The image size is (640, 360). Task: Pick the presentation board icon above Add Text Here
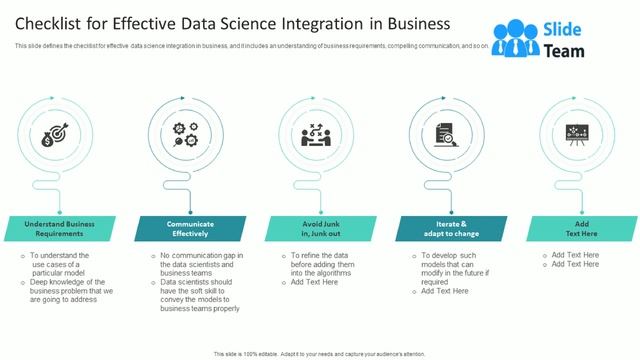tap(575, 136)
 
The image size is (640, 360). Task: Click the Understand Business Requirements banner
tap(61, 228)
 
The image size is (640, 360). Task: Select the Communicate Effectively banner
tap(189, 228)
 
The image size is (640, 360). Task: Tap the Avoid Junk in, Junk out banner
tap(318, 228)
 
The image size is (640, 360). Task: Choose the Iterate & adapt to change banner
tap(447, 228)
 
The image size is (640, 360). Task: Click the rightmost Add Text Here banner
tap(576, 228)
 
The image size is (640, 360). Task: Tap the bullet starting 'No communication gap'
tap(200, 263)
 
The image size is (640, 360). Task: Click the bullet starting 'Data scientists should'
tap(200, 295)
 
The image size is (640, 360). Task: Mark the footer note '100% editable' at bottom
tap(319, 354)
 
